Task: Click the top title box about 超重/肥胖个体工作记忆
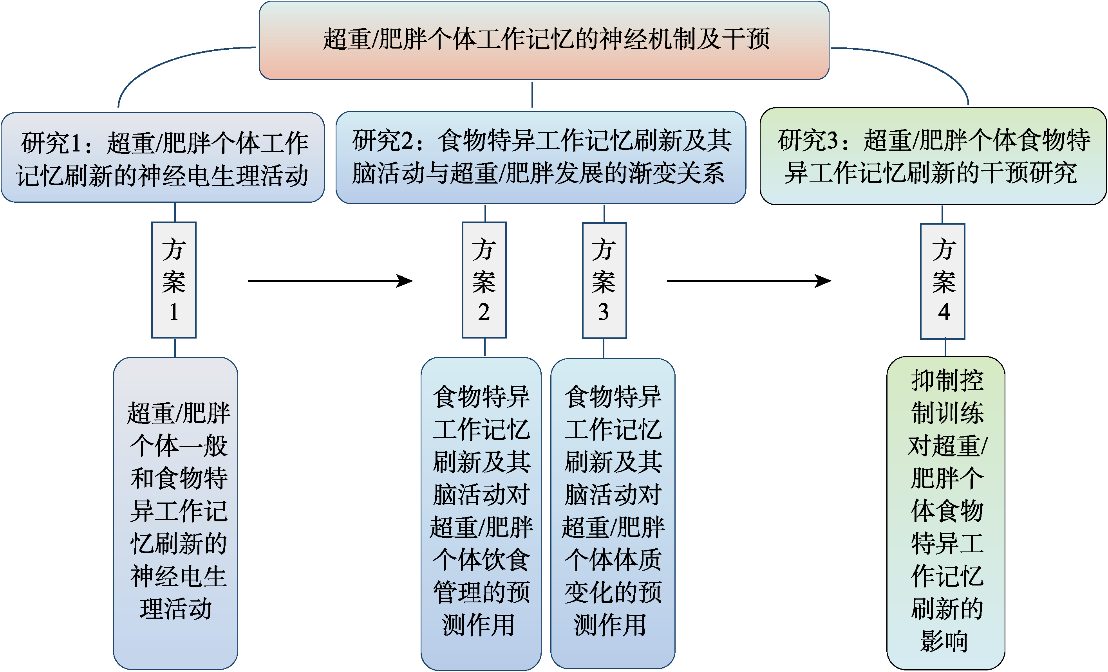tap(544, 40)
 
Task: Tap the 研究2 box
tap(540, 157)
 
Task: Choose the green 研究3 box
tap(933, 156)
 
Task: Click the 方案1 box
tap(174, 279)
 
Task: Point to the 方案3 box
tap(604, 280)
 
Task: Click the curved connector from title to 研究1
tap(157, 63)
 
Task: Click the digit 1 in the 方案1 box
tap(174, 312)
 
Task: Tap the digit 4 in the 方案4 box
tap(944, 312)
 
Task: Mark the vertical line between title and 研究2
tap(532, 95)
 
